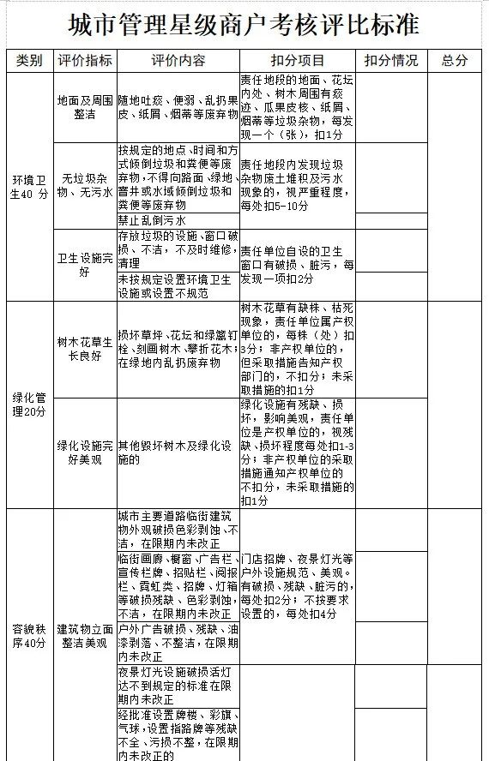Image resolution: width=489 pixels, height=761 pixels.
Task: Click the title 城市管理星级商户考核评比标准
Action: (244, 26)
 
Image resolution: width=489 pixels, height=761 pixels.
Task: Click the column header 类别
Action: (29, 61)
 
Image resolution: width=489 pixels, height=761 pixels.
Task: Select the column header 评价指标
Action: (85, 61)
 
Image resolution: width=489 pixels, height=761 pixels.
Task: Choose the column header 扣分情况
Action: (390, 61)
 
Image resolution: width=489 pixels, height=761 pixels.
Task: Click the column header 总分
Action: (455, 61)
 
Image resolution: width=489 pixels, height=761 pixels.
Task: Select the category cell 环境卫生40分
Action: (29, 187)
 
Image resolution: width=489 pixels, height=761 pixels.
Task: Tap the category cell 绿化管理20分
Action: (29, 404)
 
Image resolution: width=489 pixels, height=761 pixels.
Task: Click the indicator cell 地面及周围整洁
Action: (85, 107)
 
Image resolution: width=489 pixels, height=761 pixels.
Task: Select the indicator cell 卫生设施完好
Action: (85, 264)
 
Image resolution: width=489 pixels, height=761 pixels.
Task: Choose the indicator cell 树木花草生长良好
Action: (85, 348)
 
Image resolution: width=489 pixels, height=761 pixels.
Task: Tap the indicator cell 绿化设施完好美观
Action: (85, 452)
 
